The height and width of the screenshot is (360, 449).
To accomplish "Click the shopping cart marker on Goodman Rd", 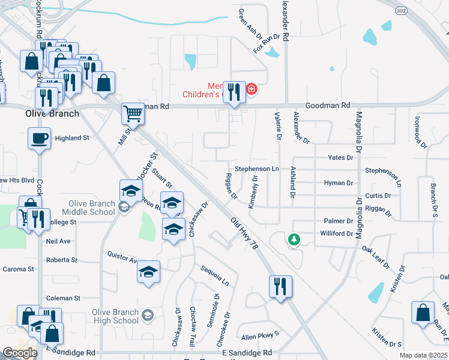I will (133, 113).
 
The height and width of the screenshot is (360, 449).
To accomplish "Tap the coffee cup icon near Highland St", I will (40, 139).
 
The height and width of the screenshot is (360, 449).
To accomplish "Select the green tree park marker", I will (294, 240).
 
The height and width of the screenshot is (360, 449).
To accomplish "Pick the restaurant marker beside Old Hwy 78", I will (280, 287).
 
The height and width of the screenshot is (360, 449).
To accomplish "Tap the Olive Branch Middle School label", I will (92, 208).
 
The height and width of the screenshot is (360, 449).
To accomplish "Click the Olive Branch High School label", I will (115, 316).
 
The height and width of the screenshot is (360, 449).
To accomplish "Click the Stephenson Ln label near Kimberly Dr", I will (257, 169).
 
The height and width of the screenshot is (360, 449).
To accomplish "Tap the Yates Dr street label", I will (341, 157).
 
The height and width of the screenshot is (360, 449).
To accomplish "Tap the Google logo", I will (20, 353).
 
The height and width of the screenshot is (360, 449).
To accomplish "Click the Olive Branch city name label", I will (52, 113).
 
